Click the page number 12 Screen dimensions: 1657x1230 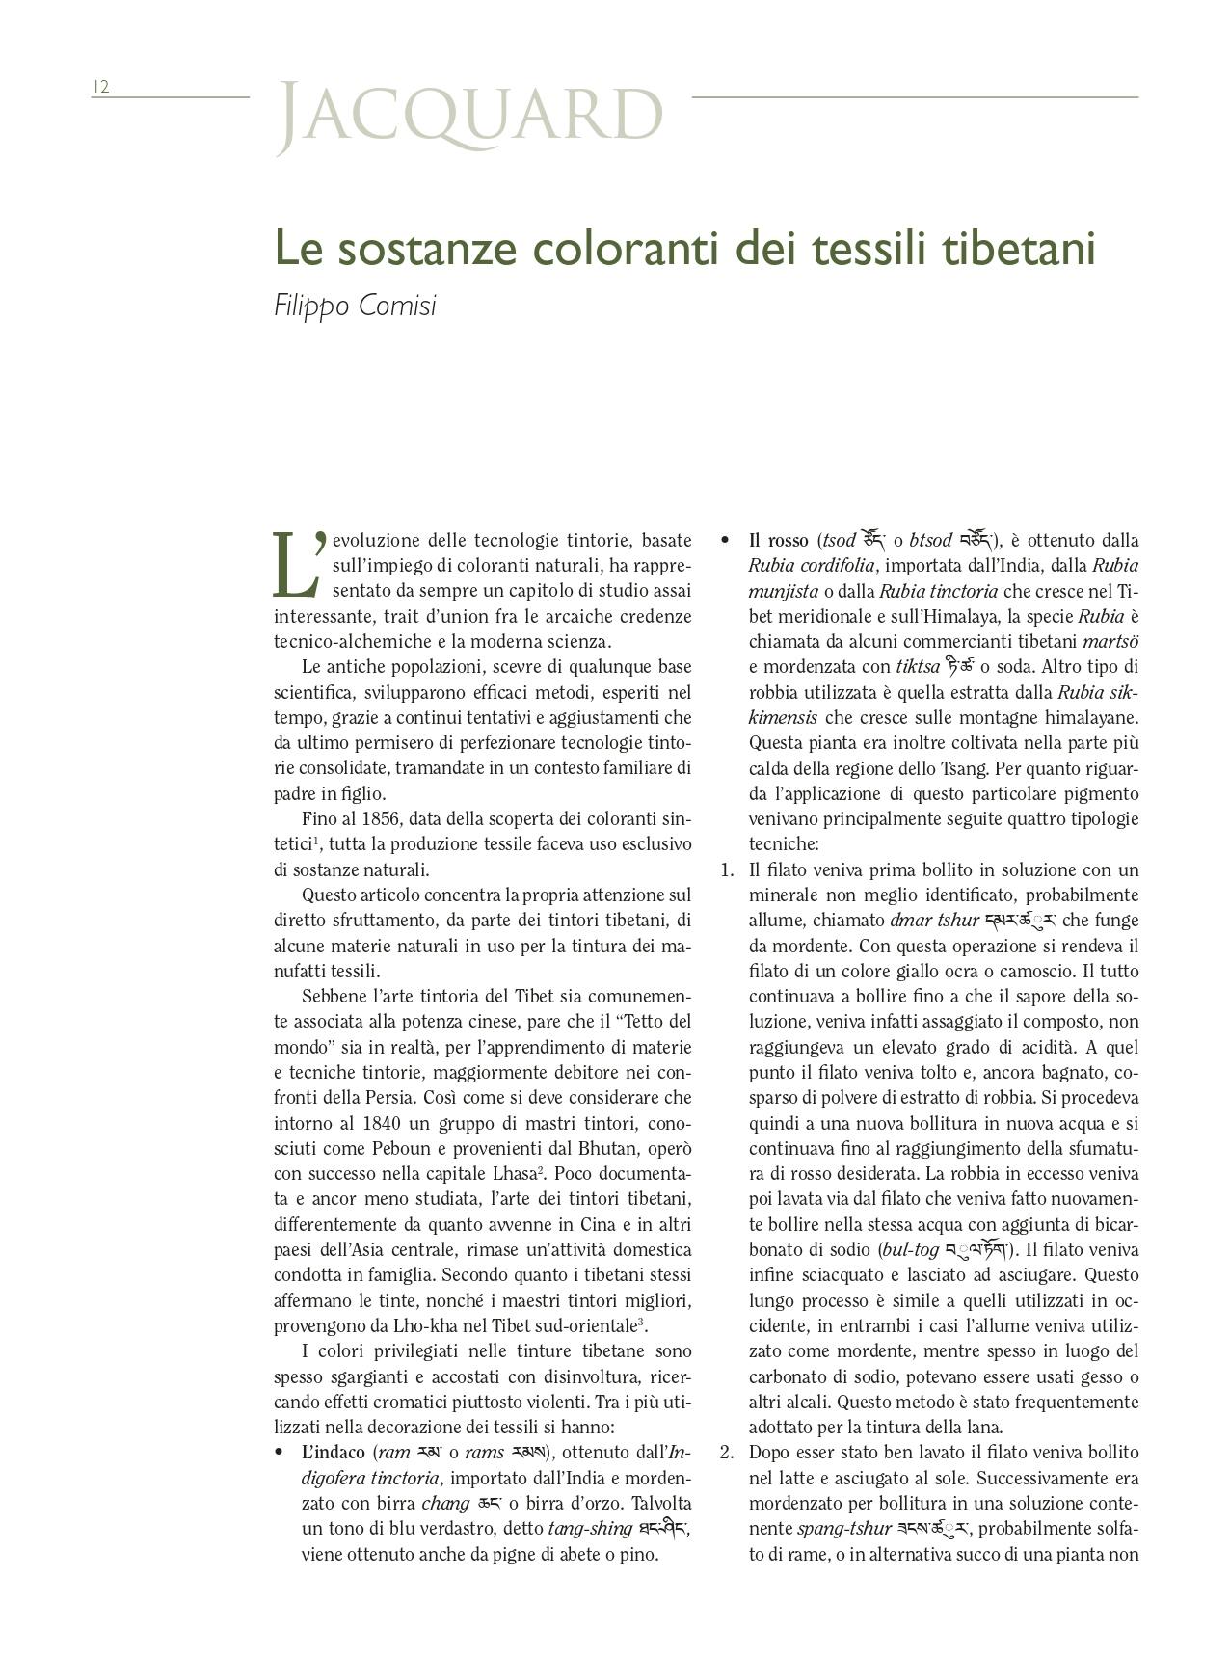click(x=101, y=87)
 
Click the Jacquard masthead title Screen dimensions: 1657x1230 click(x=469, y=117)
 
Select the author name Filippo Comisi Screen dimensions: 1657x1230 click(x=355, y=306)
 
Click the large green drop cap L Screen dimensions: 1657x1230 click(x=295, y=565)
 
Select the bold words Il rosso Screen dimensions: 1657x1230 click(x=779, y=540)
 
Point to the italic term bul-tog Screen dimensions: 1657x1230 click(x=911, y=1250)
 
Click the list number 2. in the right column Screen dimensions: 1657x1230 click(x=728, y=1453)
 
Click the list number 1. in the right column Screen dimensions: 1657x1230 click(x=728, y=869)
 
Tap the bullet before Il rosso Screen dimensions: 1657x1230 click(x=725, y=540)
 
